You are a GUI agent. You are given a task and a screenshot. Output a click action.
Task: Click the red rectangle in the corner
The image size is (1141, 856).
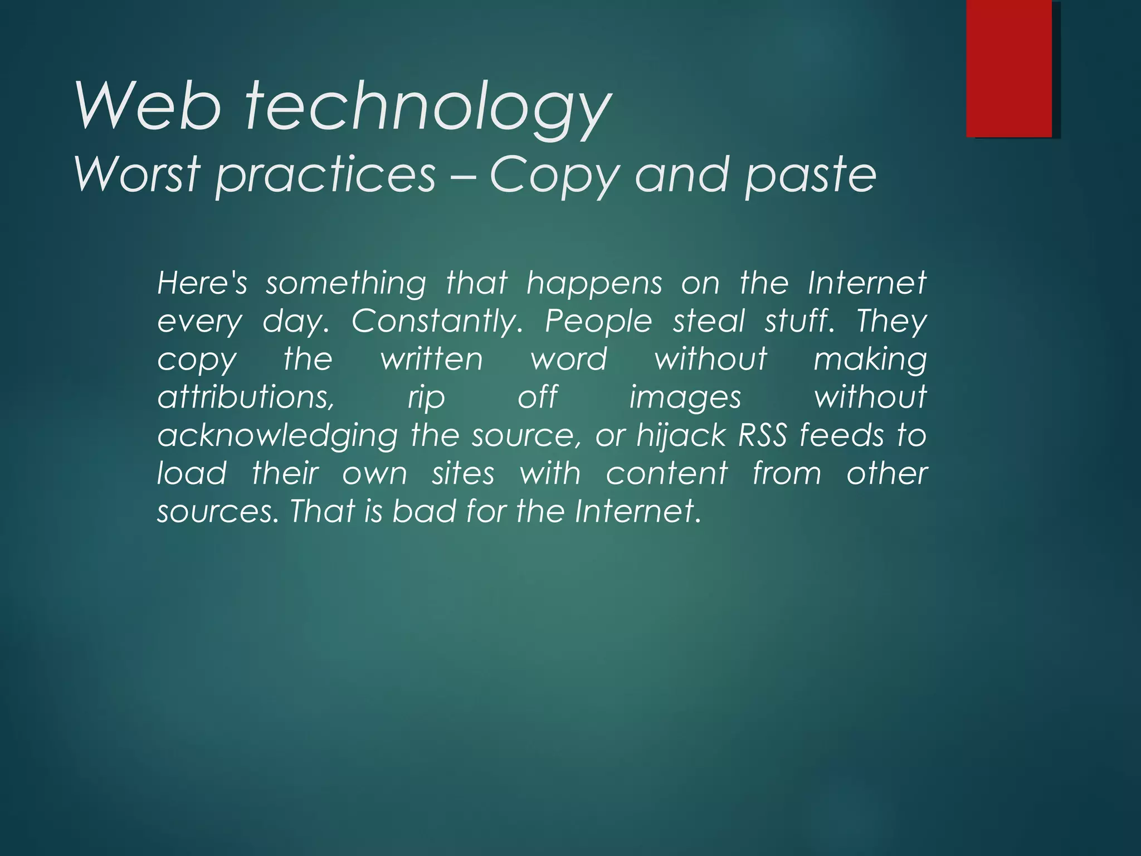1009,68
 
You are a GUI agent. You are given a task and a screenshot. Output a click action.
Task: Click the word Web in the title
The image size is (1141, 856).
149,106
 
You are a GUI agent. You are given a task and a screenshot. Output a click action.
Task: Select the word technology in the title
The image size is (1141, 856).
428,108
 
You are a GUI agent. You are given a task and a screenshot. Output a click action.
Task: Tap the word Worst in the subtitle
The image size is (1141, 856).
136,174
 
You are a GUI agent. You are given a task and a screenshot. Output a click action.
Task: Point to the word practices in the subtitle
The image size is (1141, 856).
325,176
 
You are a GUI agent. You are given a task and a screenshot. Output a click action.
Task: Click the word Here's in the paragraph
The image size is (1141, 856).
202,283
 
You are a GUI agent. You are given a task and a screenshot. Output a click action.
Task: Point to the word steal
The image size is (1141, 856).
709,321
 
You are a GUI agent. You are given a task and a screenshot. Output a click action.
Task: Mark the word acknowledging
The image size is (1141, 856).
277,436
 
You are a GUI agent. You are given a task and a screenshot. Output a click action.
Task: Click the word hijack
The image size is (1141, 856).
681,436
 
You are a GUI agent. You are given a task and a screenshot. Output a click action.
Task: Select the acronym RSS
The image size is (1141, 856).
762,435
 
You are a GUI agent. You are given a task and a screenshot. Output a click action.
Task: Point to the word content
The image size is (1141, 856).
667,474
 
